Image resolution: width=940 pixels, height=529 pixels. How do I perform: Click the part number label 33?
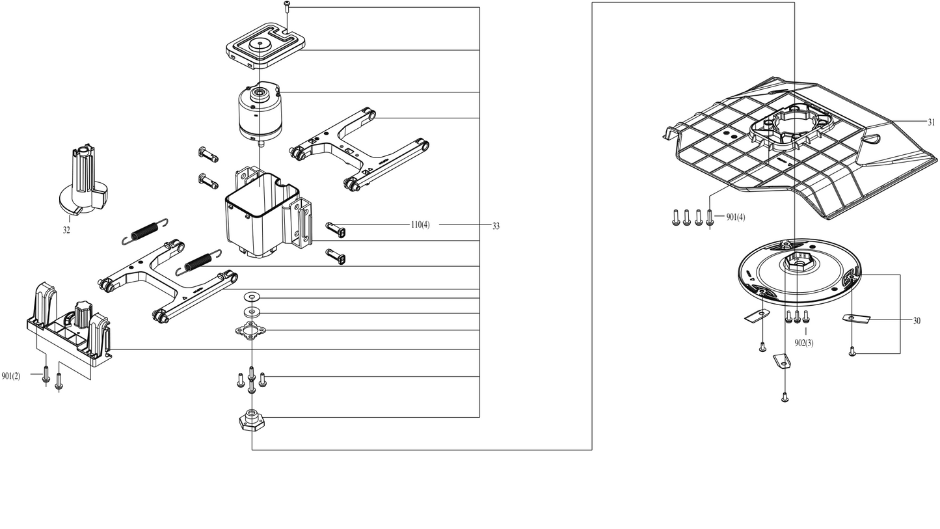click(x=496, y=226)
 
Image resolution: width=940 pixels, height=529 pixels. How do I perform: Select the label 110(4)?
click(x=420, y=224)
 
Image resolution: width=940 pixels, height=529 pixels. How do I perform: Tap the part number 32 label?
click(x=66, y=230)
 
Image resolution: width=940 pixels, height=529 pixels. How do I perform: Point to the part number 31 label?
click(x=932, y=122)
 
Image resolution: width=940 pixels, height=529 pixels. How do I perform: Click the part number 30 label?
click(x=917, y=321)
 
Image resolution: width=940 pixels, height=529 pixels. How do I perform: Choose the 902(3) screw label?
click(x=804, y=343)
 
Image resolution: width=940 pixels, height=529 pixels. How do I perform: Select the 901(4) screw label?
click(x=736, y=217)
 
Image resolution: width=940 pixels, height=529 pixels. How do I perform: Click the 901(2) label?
click(x=11, y=375)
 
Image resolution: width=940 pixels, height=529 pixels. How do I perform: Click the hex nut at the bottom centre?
click(x=252, y=420)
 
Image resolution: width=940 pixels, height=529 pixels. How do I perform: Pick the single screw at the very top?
click(x=287, y=8)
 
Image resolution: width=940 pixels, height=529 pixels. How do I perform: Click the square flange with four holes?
click(x=251, y=330)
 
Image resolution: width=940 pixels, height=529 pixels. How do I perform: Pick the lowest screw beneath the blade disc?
click(x=785, y=397)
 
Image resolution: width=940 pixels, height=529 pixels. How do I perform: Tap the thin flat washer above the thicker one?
click(x=252, y=297)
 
